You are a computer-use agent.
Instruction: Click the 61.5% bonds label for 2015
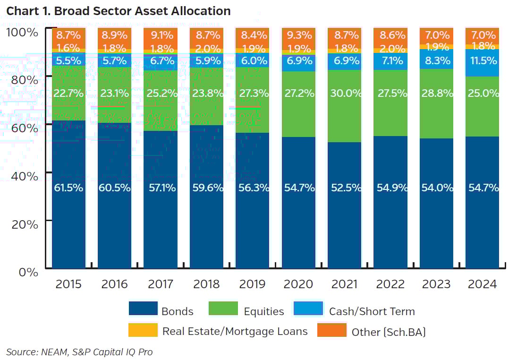click(x=68, y=188)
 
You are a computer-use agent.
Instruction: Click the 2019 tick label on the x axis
click(x=252, y=284)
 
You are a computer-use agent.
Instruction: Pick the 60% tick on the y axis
click(x=24, y=128)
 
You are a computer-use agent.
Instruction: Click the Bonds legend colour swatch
click(x=143, y=309)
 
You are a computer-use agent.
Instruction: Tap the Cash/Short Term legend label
click(x=372, y=311)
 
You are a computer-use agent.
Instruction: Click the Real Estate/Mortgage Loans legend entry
click(x=235, y=331)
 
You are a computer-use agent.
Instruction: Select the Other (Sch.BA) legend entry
click(x=388, y=332)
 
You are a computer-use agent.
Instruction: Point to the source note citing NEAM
click(x=79, y=352)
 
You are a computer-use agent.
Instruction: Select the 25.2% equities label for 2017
click(x=161, y=93)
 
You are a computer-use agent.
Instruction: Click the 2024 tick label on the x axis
click(x=482, y=284)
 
